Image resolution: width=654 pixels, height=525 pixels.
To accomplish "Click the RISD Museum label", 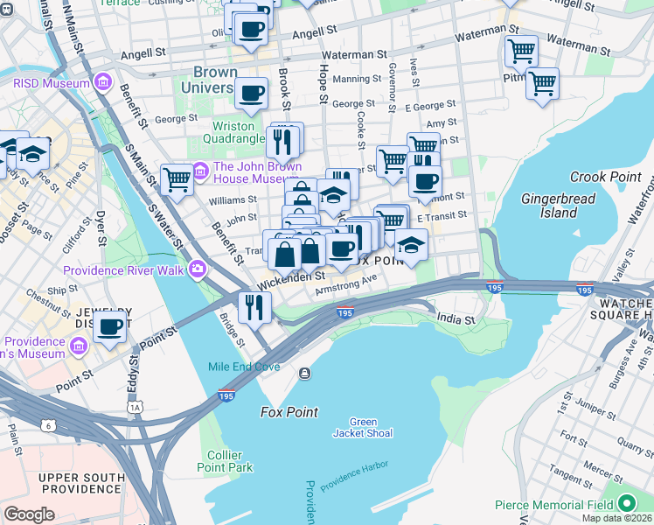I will tap(51, 83).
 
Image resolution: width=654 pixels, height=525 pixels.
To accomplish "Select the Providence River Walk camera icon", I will tap(199, 269).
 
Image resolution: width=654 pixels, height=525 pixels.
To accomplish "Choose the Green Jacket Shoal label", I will tap(364, 427).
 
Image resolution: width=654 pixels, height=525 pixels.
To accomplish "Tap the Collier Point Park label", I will tap(230, 461).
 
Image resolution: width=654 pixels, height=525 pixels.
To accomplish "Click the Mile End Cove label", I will tap(242, 366).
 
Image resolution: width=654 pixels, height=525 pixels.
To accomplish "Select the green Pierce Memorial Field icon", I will tap(626, 504).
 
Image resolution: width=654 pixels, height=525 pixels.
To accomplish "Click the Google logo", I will tap(29, 514).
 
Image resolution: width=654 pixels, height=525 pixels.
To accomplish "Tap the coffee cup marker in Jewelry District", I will tap(110, 326).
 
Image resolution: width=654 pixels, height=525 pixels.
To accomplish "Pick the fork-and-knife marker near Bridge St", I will tap(254, 306).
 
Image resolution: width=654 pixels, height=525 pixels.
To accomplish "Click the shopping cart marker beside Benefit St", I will tap(177, 179).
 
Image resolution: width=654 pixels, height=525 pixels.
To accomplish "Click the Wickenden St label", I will tap(291, 278).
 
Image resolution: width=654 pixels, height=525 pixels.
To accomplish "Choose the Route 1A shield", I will tap(135, 407).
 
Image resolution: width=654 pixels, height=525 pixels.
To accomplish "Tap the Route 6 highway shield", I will tap(47, 425).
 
